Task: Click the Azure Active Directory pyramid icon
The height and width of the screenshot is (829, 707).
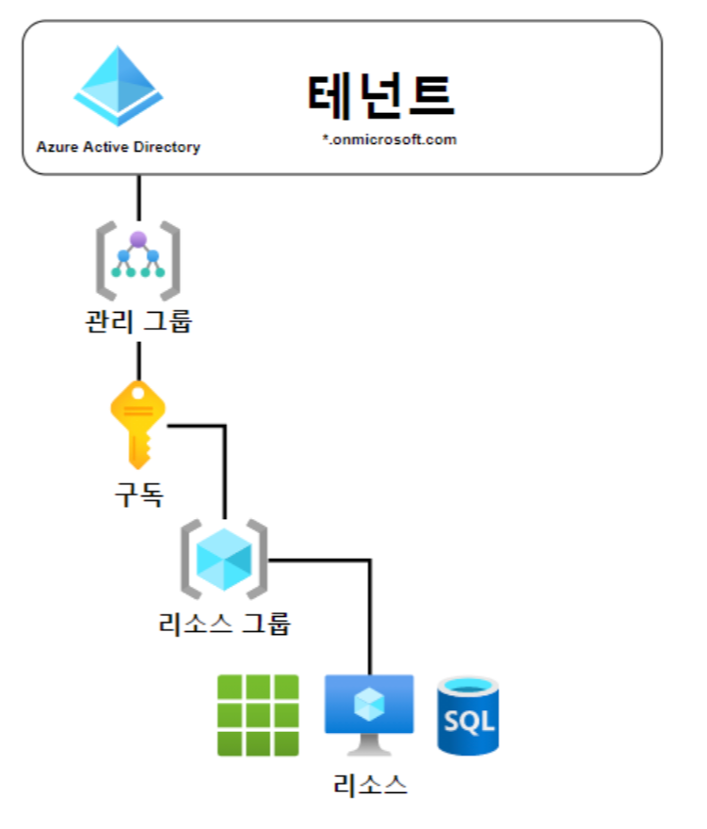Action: (x=119, y=87)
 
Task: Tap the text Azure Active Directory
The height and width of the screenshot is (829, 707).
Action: (x=119, y=147)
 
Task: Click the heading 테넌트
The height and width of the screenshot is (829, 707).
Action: (x=381, y=94)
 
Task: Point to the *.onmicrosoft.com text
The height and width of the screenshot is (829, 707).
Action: (x=388, y=138)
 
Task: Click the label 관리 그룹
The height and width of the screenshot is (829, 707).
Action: (x=138, y=320)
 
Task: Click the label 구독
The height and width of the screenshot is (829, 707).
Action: (x=138, y=495)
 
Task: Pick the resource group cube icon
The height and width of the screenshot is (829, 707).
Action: (x=224, y=560)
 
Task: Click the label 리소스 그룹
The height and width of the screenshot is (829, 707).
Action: (x=225, y=623)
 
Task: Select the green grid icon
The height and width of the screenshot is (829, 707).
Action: (x=258, y=715)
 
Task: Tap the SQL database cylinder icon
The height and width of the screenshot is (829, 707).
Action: (x=468, y=716)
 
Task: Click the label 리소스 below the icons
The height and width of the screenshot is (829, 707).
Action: (x=370, y=784)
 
